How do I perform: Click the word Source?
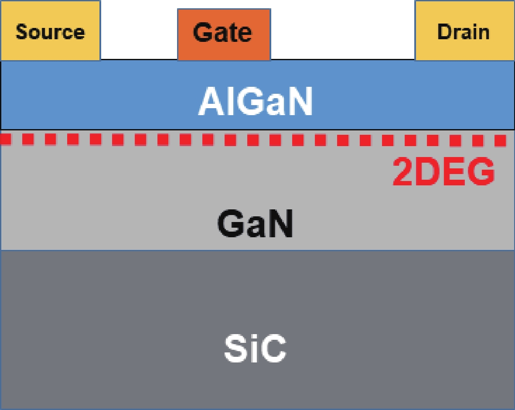point(50,32)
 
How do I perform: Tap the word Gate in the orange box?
point(222,32)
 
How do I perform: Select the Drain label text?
point(464,32)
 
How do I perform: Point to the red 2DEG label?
point(444,171)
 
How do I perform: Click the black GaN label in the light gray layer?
point(255,223)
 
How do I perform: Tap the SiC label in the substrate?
point(255,348)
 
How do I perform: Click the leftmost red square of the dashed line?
point(6,139)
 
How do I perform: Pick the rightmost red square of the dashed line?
point(500,140)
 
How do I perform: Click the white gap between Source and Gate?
point(139,30)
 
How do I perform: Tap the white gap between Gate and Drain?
point(343,30)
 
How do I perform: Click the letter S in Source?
point(22,32)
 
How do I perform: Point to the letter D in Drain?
point(444,32)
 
